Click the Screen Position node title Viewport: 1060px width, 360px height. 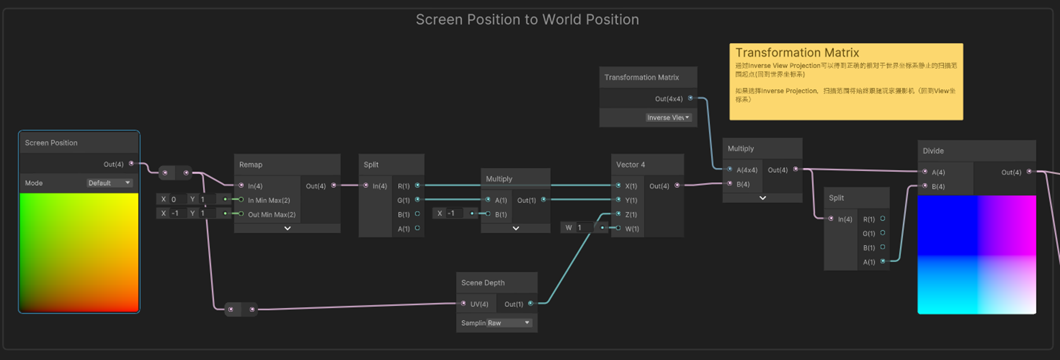coord(51,143)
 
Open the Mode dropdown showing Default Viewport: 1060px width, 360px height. coord(109,183)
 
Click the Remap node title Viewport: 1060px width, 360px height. coord(251,165)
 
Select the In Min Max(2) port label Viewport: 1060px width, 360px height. coord(269,200)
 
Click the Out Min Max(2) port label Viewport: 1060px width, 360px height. coord(271,215)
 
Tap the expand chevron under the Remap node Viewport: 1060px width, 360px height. coord(287,229)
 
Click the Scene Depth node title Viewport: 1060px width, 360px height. coord(483,283)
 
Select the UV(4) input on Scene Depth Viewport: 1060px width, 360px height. coord(479,304)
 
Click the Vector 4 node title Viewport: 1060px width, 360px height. coord(630,165)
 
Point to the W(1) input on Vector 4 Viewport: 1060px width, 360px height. coord(632,229)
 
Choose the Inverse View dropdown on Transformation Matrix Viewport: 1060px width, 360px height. coord(668,118)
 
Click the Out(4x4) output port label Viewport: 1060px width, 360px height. coord(668,99)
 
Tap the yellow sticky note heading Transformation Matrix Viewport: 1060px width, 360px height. coord(797,52)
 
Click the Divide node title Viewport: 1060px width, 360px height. coord(933,151)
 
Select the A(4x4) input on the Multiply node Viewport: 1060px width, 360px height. coord(746,170)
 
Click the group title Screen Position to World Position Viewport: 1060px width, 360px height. coord(527,20)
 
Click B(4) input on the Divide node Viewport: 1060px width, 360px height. coord(938,187)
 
